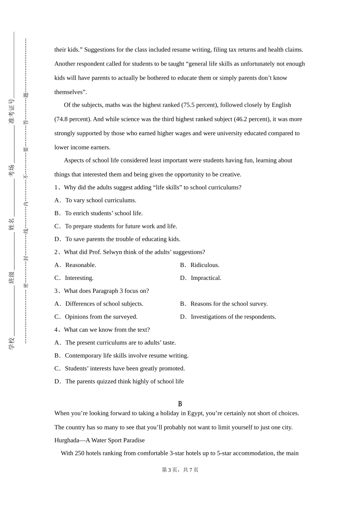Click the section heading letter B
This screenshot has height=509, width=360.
coord(180,404)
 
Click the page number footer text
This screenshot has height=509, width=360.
coord(180,470)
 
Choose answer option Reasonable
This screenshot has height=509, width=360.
coord(80,265)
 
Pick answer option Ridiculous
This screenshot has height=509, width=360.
coord(205,265)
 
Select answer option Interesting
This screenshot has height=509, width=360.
coord(79,278)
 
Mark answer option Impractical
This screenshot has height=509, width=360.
coord(206,278)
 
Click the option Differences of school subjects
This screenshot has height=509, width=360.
coord(104,304)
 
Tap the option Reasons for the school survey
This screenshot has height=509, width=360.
coord(229,304)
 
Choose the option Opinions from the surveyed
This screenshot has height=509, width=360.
coord(101,317)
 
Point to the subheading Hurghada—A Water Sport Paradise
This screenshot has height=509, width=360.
coord(99,440)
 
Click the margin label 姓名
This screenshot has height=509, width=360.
coord(12,224)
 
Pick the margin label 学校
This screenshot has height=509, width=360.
coord(12,343)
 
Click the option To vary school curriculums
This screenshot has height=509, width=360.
coord(100,200)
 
